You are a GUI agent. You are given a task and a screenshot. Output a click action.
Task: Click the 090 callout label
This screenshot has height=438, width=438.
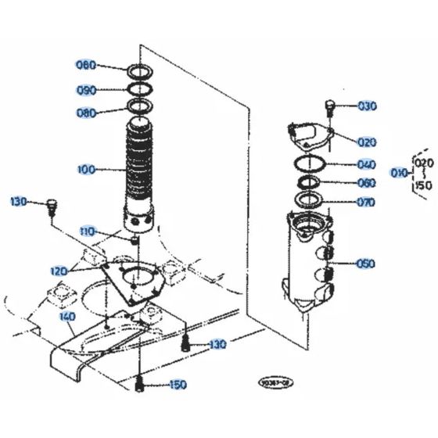click(x=86, y=89)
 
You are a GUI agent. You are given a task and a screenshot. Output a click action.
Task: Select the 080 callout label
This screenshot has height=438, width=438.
click(x=86, y=112)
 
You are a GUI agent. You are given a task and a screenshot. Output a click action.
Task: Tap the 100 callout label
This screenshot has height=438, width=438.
click(x=87, y=169)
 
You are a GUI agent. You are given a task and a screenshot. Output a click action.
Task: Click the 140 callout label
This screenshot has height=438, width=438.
click(x=67, y=317)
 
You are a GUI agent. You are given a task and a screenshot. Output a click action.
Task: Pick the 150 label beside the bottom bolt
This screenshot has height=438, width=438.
click(x=178, y=385)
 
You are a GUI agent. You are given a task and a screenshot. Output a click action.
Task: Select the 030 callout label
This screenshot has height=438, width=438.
click(x=367, y=106)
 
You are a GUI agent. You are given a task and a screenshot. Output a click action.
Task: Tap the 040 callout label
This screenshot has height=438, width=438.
click(x=365, y=164)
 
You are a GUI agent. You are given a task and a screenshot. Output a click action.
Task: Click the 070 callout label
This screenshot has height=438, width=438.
click(x=365, y=202)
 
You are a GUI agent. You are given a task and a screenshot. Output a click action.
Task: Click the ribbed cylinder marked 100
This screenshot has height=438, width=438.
click(x=141, y=172)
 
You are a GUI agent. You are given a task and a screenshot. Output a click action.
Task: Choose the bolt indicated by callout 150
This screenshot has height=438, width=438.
click(x=139, y=383)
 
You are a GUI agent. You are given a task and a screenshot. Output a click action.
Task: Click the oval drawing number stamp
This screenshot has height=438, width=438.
click(x=279, y=384)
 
